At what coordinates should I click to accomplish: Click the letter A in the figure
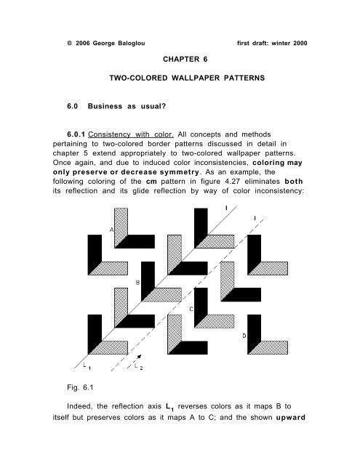112,230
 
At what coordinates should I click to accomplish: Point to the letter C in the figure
191,308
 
